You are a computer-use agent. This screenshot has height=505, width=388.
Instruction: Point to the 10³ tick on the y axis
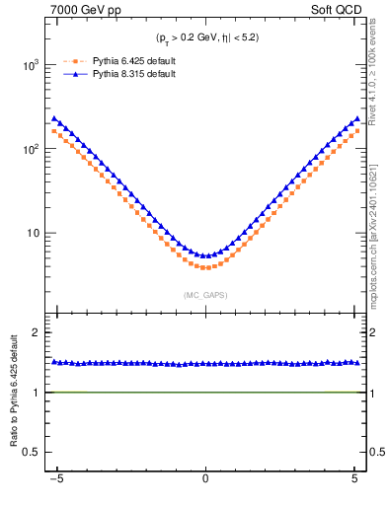[x=36, y=65]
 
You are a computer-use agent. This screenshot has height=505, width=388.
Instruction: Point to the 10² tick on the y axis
[x=36, y=149]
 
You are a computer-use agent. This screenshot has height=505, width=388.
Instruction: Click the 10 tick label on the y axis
[x=38, y=234]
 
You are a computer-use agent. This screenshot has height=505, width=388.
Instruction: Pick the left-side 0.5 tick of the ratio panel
[x=39, y=452]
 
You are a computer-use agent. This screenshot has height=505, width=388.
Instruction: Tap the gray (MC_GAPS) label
[x=204, y=295]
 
